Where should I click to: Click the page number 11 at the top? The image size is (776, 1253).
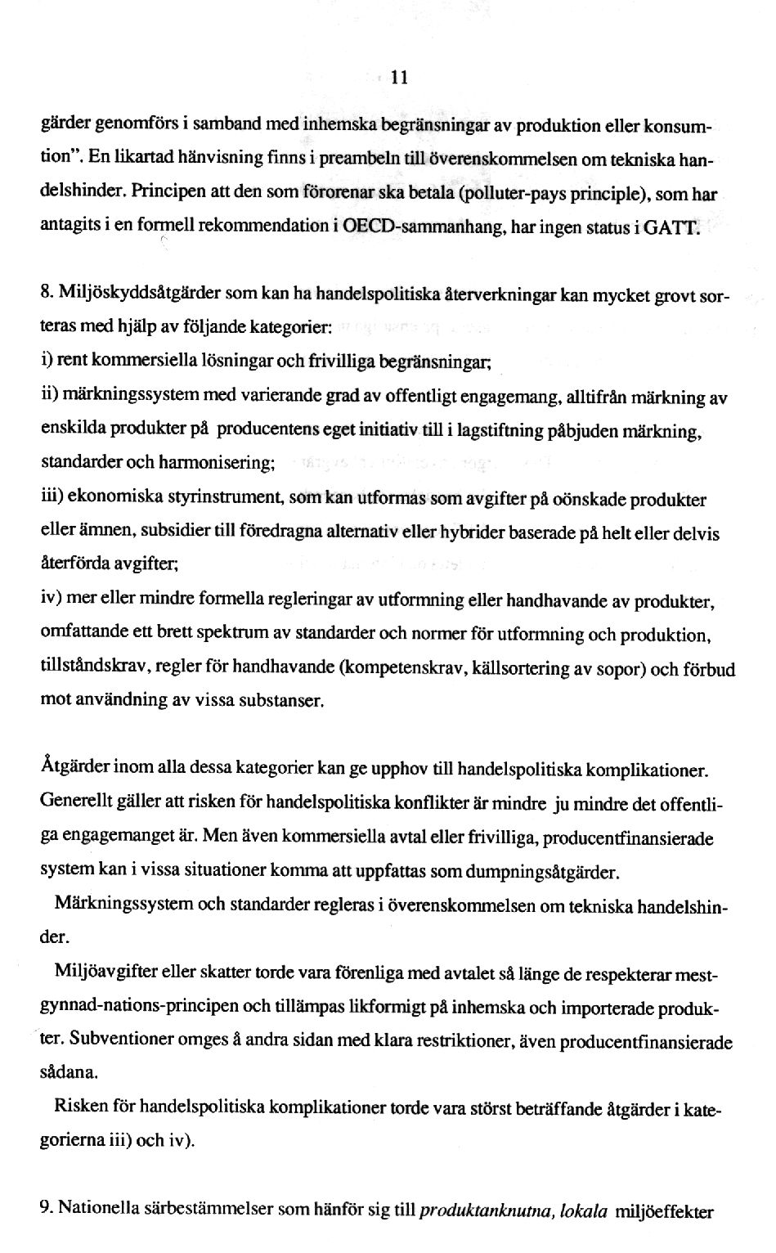tap(399, 79)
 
